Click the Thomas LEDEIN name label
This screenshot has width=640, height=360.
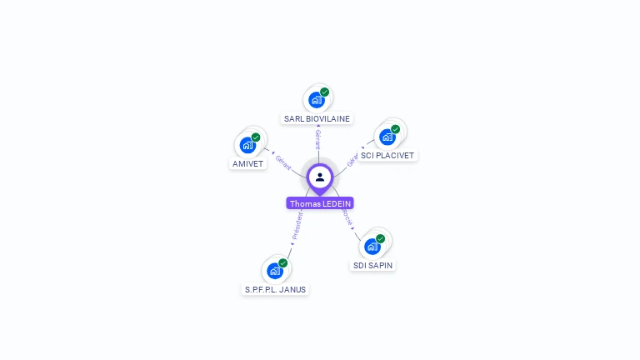tap(320, 203)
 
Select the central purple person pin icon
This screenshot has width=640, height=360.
tap(320, 177)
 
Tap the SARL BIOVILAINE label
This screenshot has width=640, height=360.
tap(317, 118)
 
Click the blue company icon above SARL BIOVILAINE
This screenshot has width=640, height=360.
tap(316, 100)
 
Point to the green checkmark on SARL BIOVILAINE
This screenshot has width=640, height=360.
tap(324, 92)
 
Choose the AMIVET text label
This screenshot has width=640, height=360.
tap(247, 163)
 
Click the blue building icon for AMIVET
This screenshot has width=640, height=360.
tap(247, 145)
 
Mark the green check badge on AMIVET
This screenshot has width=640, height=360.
tap(256, 137)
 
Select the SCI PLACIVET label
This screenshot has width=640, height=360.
tap(387, 155)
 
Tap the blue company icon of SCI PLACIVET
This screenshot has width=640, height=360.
tap(387, 137)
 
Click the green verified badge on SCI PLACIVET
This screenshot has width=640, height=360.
tap(395, 129)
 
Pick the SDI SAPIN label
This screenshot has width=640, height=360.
tap(372, 265)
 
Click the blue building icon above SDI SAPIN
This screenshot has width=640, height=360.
tap(372, 247)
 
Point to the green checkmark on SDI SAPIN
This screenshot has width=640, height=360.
tap(380, 239)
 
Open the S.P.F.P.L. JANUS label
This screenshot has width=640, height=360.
tap(275, 289)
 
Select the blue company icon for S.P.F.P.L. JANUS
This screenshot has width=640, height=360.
tap(274, 271)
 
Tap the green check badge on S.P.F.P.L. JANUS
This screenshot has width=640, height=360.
tap(282, 263)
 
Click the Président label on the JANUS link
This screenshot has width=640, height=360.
tap(297, 225)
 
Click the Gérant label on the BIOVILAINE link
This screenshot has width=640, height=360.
tap(317, 139)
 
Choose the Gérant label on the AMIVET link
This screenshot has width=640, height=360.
tap(283, 162)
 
